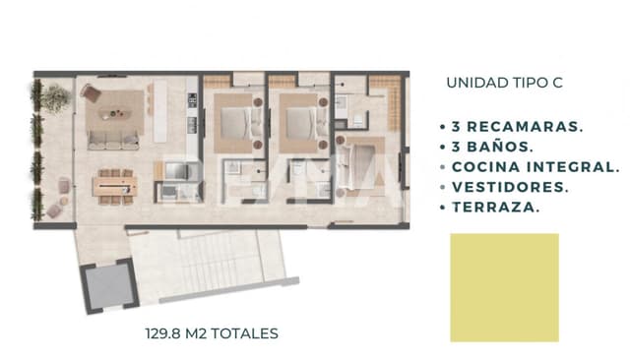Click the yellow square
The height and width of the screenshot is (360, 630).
(x=504, y=273)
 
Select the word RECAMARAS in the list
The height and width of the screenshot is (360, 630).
(x=527, y=128)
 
